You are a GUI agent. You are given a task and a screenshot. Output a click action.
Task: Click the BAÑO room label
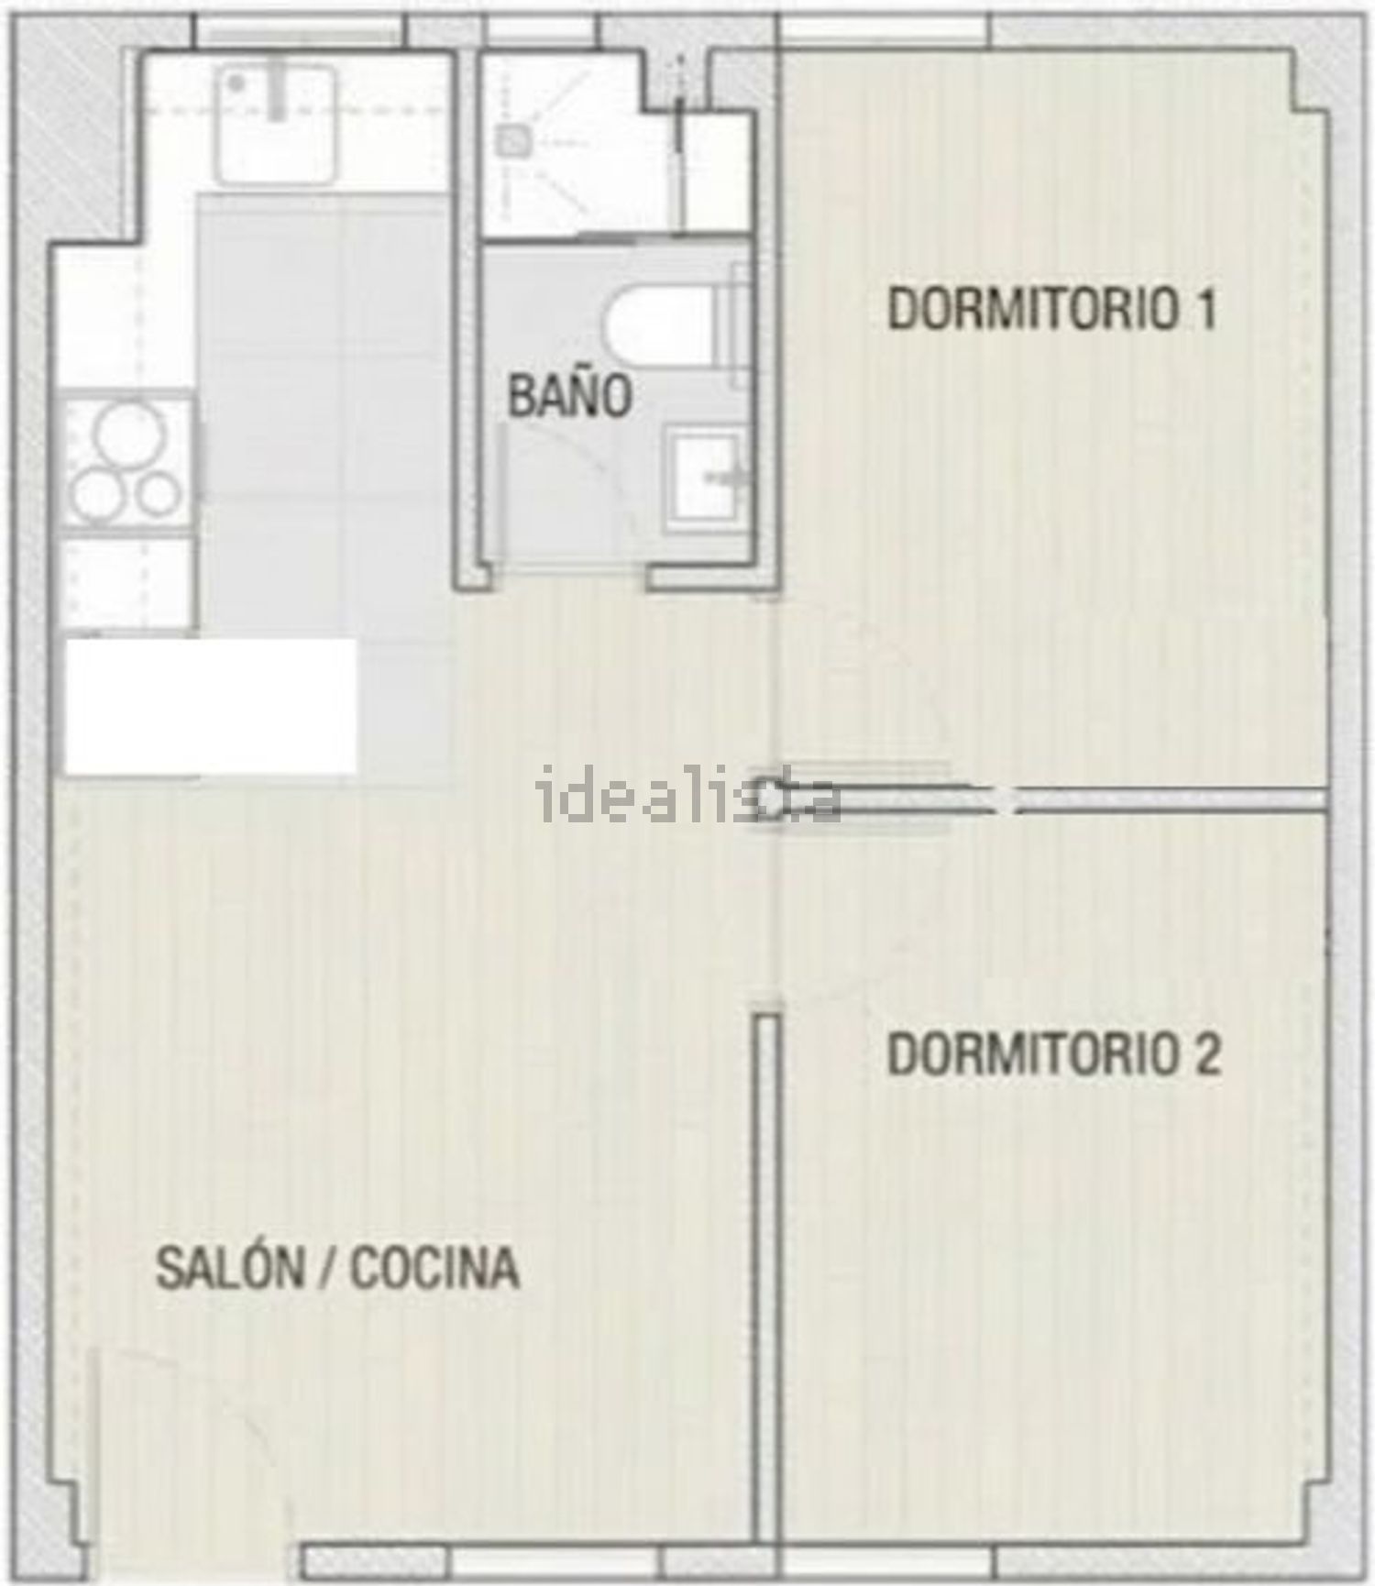click(x=570, y=395)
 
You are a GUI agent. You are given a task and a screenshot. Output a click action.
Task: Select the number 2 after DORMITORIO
click(x=1207, y=1054)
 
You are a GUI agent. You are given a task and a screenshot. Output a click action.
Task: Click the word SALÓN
click(x=229, y=1269)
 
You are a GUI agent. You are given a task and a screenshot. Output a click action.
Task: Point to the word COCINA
click(x=434, y=1269)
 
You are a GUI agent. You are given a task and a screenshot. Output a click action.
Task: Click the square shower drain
click(x=511, y=140)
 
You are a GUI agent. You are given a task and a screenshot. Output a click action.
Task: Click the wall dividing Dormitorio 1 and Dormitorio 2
click(x=1164, y=799)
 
